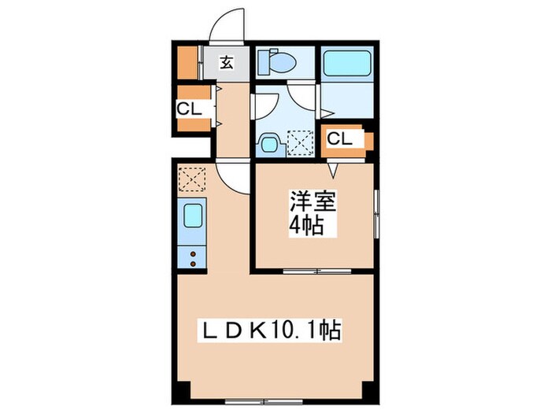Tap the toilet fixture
(280, 62)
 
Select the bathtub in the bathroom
(346, 62)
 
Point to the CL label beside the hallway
(188, 110)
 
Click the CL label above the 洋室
(339, 139)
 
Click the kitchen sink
(193, 216)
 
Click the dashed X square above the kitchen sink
(193, 179)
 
